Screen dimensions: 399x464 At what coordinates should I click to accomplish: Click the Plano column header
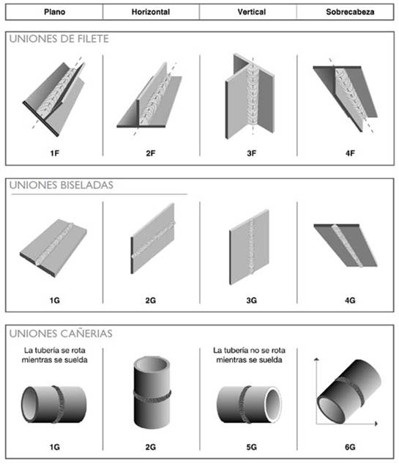pyautogui.click(x=54, y=12)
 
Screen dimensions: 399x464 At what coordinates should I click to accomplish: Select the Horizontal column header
pyautogui.click(x=150, y=12)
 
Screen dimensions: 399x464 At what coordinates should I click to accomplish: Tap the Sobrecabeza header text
pyautogui.click(x=350, y=12)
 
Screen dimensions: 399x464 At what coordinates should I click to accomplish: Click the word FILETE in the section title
pyautogui.click(x=93, y=39)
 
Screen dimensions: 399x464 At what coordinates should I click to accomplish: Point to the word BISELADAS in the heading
pyautogui.click(x=87, y=185)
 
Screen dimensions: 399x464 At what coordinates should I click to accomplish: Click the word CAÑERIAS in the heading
pyautogui.click(x=87, y=334)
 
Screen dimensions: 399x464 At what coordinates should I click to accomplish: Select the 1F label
pyautogui.click(x=54, y=153)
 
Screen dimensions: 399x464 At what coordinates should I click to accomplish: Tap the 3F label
pyautogui.click(x=252, y=153)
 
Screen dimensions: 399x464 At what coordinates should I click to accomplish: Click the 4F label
pyautogui.click(x=350, y=153)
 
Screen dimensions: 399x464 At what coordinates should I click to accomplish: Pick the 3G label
pyautogui.click(x=252, y=301)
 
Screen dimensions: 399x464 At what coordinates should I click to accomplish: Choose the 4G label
pyautogui.click(x=350, y=301)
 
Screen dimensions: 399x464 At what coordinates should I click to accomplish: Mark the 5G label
pyautogui.click(x=252, y=447)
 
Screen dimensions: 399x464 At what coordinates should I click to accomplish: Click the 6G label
pyautogui.click(x=350, y=447)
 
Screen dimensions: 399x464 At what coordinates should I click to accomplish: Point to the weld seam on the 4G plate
pyautogui.click(x=347, y=246)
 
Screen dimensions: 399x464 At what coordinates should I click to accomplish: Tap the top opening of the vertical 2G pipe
pyautogui.click(x=152, y=365)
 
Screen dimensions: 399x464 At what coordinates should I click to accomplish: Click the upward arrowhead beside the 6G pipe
pyautogui.click(x=317, y=359)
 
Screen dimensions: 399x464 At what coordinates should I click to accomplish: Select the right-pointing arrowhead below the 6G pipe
pyautogui.click(x=376, y=424)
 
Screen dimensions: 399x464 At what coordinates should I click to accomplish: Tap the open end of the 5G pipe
pyautogui.click(x=273, y=404)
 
